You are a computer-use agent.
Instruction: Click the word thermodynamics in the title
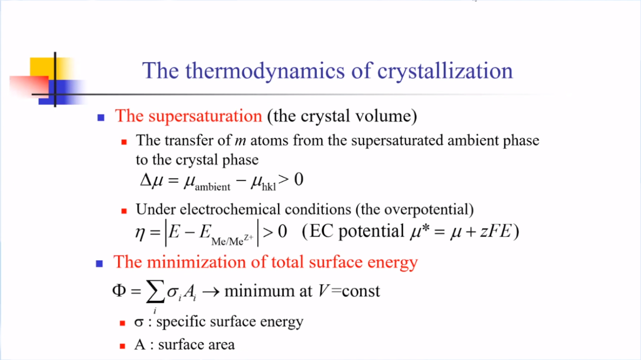(265, 71)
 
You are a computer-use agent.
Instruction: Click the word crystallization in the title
(445, 71)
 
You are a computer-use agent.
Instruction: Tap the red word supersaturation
(205, 117)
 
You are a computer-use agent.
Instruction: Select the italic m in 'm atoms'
(240, 141)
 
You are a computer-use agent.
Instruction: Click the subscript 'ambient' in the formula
(212, 187)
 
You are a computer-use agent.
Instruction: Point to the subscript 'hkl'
(269, 187)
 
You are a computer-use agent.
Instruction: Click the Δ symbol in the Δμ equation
(146, 180)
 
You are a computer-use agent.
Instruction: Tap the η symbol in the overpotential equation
(140, 233)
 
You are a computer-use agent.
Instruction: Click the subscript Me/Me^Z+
(232, 241)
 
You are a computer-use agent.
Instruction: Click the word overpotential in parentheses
(426, 210)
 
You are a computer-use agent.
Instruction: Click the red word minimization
(196, 262)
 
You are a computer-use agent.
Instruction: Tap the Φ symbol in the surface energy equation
(119, 290)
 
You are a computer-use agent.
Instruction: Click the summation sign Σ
(155, 291)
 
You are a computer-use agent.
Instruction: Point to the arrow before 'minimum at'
(211, 292)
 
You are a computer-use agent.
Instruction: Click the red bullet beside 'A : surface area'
(123, 346)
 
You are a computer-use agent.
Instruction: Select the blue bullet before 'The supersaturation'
(101, 118)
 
